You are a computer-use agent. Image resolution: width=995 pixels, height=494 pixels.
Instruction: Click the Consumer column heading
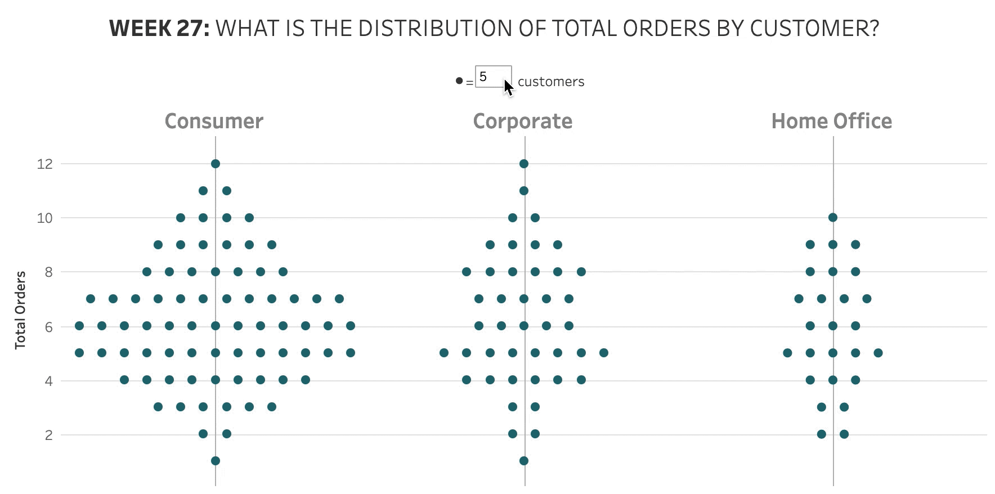[214, 122]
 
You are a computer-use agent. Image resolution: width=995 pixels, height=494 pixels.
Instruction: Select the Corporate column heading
[522, 122]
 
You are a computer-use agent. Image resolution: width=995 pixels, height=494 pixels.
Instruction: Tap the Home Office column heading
[831, 122]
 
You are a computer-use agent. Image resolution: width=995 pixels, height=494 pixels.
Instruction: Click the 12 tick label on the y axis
[45, 164]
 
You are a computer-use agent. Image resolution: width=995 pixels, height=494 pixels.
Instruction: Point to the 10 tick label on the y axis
[45, 218]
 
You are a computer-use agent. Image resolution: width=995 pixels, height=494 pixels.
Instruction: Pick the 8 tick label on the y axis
[49, 272]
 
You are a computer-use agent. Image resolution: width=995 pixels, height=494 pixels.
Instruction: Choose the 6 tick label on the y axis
[49, 327]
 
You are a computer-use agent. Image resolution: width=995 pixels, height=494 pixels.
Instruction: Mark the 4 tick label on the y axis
[49, 381]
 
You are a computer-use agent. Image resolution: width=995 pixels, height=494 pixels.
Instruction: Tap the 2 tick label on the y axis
[49, 435]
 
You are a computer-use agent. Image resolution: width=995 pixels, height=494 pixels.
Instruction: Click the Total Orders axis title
[20, 310]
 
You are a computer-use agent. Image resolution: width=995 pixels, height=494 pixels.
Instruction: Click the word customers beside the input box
[551, 82]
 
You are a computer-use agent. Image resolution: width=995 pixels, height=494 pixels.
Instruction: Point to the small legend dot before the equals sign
[459, 81]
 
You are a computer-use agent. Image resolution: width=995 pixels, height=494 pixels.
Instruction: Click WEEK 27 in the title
[159, 28]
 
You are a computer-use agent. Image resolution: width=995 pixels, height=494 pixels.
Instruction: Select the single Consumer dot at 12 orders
[216, 164]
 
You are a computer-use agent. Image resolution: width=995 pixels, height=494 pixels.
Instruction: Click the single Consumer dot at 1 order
[216, 461]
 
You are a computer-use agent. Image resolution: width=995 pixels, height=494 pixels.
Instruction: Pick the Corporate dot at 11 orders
[524, 191]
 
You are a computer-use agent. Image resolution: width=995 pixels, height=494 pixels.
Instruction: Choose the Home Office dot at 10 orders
[833, 218]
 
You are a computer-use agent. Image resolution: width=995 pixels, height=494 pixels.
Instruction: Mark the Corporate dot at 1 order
[524, 461]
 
